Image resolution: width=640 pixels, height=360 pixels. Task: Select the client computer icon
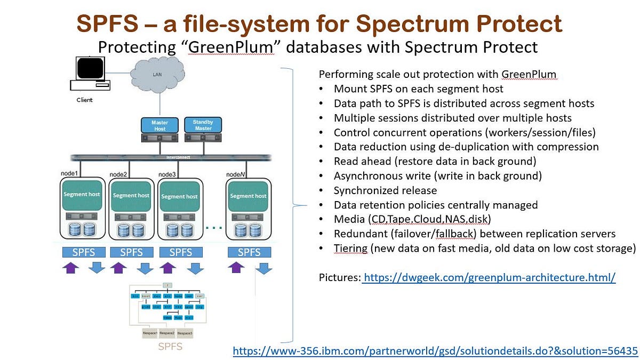pos(89,75)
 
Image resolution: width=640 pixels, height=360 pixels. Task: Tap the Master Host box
pos(159,125)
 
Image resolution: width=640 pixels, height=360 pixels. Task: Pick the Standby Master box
pos(202,125)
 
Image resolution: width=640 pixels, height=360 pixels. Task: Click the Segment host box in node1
pos(82,195)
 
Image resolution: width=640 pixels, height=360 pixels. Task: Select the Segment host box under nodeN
pos(248,196)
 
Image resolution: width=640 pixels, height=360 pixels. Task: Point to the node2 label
pos(118,174)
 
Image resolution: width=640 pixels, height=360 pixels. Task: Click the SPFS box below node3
pos(180,252)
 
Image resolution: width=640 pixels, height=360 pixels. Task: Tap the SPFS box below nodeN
pos(249,252)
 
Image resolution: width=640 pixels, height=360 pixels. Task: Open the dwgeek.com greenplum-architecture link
pos(489,277)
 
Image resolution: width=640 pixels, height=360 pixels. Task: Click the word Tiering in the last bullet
pos(350,248)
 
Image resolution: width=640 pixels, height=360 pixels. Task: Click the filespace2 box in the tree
pos(166,333)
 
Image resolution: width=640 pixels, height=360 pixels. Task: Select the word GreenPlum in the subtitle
pos(239,47)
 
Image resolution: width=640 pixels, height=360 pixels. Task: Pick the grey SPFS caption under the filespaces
pos(170,347)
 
